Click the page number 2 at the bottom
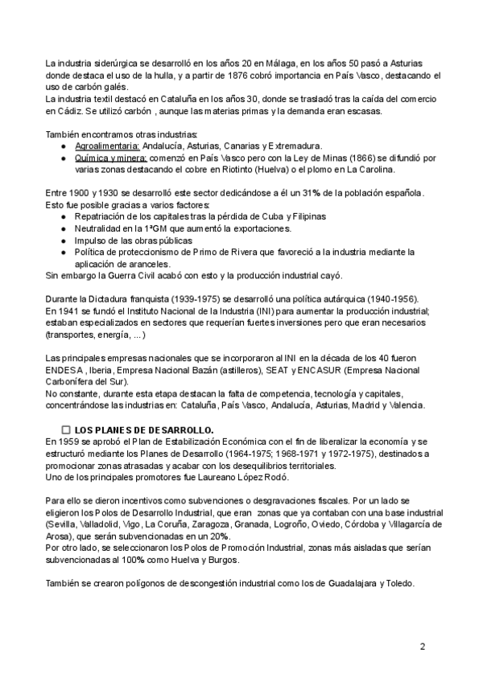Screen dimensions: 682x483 tap(422, 647)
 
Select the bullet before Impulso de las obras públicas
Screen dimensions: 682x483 tap(64, 240)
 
